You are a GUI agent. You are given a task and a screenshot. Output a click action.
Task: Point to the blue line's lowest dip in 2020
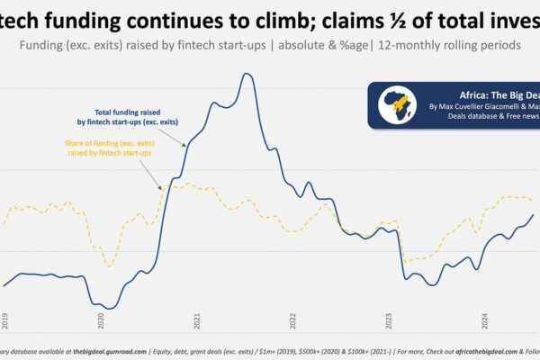(109, 309)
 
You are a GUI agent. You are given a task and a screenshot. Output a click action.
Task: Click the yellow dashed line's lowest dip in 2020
(109, 265)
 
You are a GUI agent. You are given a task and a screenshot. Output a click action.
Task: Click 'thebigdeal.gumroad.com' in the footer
(109, 352)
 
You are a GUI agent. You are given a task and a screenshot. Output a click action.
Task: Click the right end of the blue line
(534, 214)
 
